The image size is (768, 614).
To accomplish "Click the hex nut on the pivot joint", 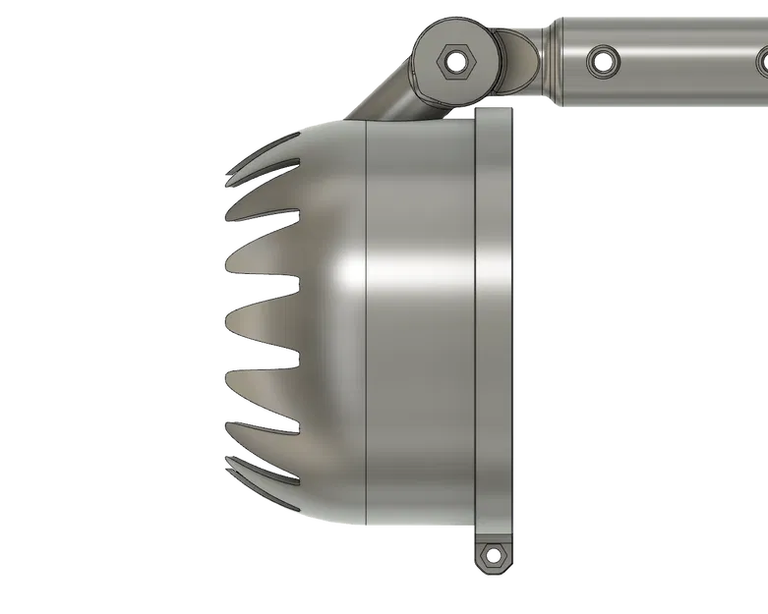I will pos(452,61).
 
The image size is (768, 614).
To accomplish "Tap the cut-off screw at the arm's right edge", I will pos(761,61).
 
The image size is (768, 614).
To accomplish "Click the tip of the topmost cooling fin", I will pos(228,181).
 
